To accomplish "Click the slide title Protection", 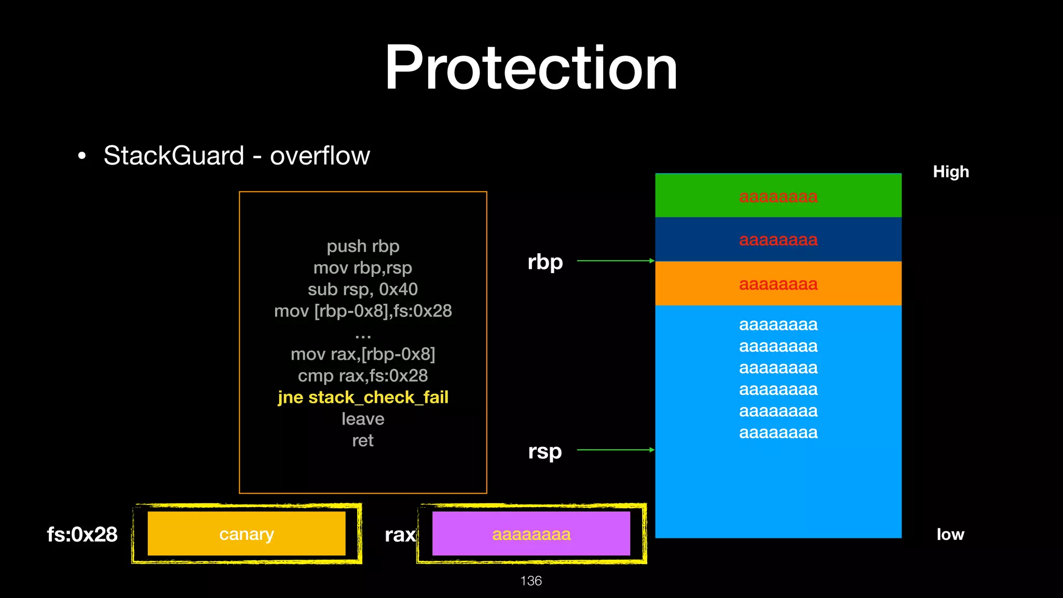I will pos(530,68).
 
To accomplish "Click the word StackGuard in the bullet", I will pos(174,155).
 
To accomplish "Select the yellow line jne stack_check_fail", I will pos(363,397).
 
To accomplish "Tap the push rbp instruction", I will pos(363,246).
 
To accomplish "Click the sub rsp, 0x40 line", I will pos(363,289).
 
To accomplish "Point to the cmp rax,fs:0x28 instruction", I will pos(363,375).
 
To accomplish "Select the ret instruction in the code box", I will pos(363,440).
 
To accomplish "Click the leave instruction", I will pos(363,419).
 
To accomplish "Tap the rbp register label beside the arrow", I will pos(545,262).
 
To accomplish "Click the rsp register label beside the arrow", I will pos(545,451).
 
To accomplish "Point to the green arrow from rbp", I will pos(615,261).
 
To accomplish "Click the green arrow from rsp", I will pos(615,450).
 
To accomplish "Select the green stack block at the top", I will pos(778,196).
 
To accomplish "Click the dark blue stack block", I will pos(778,239).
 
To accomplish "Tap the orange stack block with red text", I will pos(778,283).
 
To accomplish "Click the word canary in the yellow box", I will pos(247,534).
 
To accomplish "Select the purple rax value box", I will pos(531,534).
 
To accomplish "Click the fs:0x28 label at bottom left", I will pos(82,534).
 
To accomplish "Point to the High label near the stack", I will pos(950,172).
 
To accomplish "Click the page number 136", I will pos(530,580).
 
